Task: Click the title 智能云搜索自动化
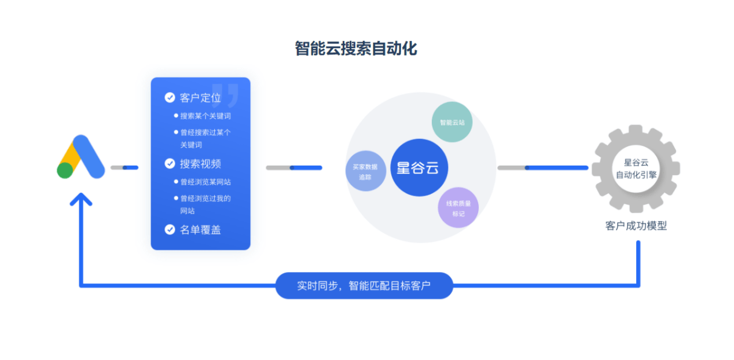355,49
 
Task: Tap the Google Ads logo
81,157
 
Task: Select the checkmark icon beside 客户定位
170,98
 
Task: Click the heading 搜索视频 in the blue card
200,164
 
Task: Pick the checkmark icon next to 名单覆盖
170,230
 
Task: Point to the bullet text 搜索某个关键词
205,116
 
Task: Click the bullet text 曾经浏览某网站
205,182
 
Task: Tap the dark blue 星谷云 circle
419,168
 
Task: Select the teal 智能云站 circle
452,122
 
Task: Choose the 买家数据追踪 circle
365,171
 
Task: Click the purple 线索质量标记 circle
458,208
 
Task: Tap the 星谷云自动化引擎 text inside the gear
636,168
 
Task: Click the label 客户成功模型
636,226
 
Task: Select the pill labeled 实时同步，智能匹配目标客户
364,285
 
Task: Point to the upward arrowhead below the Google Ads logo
81,200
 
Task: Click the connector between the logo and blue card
124,168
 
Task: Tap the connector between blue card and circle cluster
293,168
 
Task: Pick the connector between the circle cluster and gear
542,168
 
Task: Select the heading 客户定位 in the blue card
200,98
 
